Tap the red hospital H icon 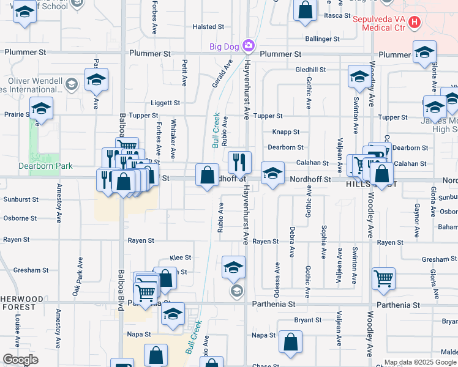415,23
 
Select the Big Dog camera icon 248,45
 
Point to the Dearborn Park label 45,166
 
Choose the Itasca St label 337,15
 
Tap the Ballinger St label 323,39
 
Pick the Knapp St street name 285,132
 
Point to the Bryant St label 307,320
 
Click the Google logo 20,360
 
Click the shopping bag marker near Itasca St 305,11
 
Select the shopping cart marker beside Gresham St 383,278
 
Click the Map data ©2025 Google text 420,362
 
